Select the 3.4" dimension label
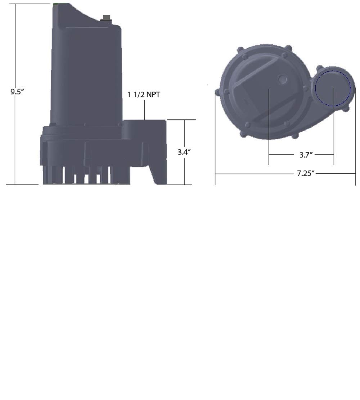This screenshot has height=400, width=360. (x=184, y=152)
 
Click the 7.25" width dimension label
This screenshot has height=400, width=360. (x=306, y=173)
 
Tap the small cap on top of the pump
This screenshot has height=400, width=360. (x=106, y=18)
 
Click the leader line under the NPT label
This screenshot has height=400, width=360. (x=144, y=110)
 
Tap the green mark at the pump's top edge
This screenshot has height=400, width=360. (x=57, y=4)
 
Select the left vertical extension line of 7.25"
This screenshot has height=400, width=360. (x=215, y=144)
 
